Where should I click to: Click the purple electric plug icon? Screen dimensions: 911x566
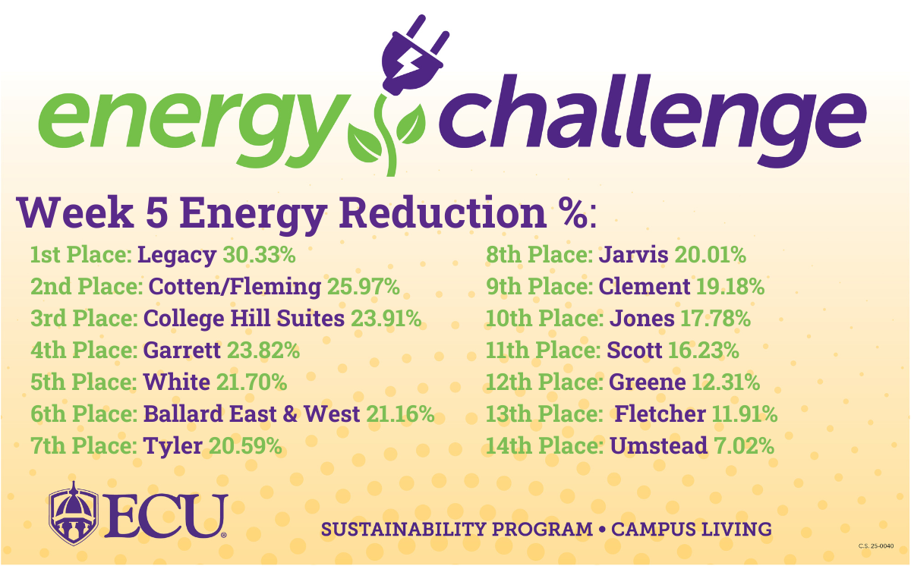click(414, 57)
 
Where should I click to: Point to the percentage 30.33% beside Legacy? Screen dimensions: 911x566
click(259, 255)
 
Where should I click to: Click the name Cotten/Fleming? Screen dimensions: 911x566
click(235, 287)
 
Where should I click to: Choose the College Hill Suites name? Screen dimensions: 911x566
click(244, 318)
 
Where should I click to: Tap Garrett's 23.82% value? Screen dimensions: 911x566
click(263, 351)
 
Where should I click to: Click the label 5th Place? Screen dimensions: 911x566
click(84, 382)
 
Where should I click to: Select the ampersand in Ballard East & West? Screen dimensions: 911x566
click(290, 413)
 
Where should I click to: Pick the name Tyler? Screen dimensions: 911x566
click(173, 446)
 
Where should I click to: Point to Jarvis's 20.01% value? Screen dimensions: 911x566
click(711, 255)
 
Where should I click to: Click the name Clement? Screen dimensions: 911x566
click(645, 287)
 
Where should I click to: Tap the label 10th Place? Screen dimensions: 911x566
click(544, 318)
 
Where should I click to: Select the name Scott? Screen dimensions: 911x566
click(635, 351)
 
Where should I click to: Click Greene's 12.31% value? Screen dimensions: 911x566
click(726, 382)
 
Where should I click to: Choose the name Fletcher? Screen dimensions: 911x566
click(660, 413)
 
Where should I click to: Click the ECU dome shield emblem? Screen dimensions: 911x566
click(74, 513)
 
